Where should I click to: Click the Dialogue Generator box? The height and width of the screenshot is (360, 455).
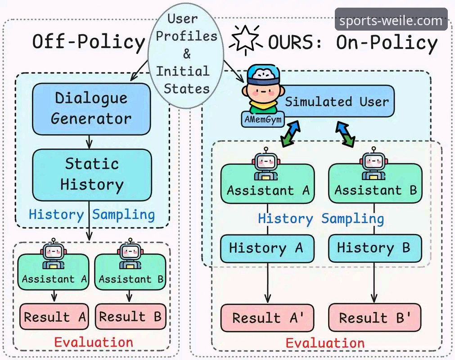(x=91, y=109)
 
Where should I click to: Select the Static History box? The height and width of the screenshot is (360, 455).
(x=92, y=175)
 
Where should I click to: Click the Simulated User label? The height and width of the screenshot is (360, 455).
(x=337, y=102)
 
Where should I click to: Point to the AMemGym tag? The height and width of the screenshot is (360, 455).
(x=263, y=119)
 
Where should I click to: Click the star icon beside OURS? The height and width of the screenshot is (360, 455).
(x=246, y=40)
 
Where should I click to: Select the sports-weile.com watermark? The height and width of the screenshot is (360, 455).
(x=391, y=20)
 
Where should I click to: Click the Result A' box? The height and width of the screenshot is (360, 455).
(x=267, y=318)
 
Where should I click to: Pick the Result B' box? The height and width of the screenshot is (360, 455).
(x=374, y=318)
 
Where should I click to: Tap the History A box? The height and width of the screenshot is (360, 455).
(x=267, y=248)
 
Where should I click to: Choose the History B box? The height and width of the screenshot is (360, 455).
(x=374, y=248)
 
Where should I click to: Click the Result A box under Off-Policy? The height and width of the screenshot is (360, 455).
(x=54, y=316)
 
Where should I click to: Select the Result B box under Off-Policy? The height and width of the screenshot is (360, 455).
(x=131, y=316)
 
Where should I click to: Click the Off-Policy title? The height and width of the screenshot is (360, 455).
(x=89, y=42)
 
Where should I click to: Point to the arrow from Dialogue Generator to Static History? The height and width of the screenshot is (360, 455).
(x=90, y=142)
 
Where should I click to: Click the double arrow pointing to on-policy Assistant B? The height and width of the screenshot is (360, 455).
(x=345, y=134)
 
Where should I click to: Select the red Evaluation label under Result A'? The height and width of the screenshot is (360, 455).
(x=325, y=343)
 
